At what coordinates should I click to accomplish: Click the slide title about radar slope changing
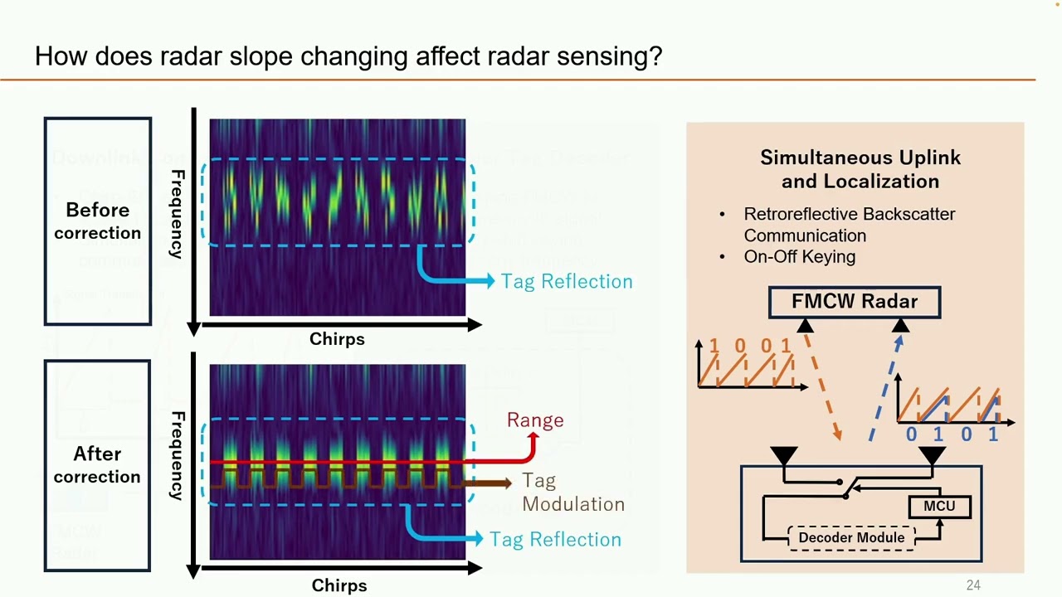pos(348,56)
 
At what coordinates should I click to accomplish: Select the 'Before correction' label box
pos(98,221)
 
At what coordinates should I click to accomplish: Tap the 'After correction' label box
pos(97,465)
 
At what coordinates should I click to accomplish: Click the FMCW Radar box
pos(855,302)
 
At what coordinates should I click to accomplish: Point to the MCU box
pos(939,506)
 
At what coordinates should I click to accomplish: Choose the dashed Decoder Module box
pos(851,537)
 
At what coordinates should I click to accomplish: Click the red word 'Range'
pos(535,420)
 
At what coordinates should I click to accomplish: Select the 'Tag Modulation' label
pos(572,493)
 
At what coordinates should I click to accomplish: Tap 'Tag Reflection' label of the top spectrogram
pos(567,282)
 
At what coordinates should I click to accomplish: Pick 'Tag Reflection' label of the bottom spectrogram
pos(555,540)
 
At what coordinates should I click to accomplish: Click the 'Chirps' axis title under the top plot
pos(337,339)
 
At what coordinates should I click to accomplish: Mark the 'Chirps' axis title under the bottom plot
pos(339,585)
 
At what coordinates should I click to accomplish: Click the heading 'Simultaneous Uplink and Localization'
pos(860,169)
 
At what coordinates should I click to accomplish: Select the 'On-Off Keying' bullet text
pos(799,257)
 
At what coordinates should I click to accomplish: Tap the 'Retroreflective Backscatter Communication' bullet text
pos(849,225)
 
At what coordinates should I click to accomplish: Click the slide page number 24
pos(973,585)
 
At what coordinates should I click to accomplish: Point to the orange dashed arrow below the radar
pos(822,385)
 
